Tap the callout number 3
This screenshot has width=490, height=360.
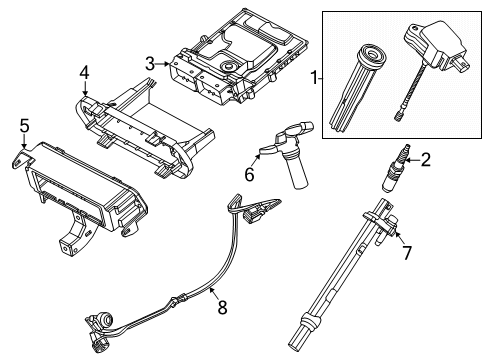[150, 65]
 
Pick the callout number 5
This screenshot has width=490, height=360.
[25, 125]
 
